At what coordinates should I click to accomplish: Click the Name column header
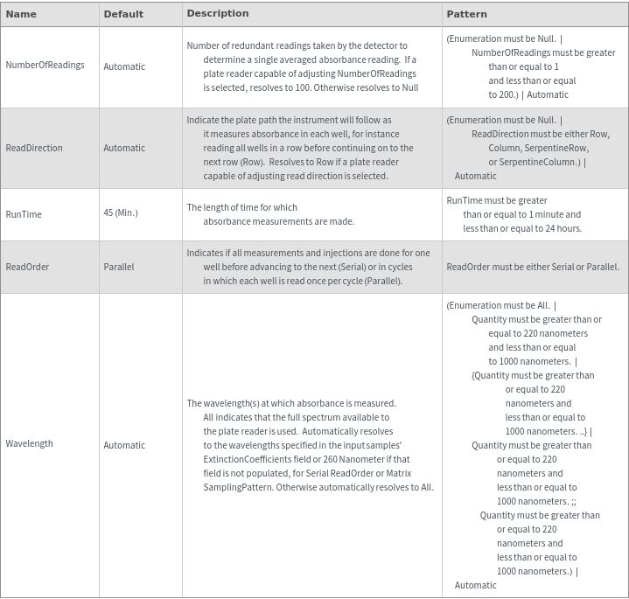pos(21,14)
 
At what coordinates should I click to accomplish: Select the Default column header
pos(123,14)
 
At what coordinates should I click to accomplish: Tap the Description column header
pos(217,14)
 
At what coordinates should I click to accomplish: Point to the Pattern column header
pos(466,14)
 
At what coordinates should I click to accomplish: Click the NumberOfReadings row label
pos(45,66)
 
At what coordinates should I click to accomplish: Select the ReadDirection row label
pos(34,148)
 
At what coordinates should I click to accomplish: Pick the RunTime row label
pos(24,214)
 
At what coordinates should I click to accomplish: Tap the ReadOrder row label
pos(28,267)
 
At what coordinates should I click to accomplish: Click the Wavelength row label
pos(29,444)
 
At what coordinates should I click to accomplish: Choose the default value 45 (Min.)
pos(121,213)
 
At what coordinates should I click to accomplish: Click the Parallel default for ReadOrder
pos(119,267)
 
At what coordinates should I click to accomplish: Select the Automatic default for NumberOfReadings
pos(124,66)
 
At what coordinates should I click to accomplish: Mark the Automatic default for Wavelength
pos(124,445)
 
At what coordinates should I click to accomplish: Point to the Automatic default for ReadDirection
pos(124,148)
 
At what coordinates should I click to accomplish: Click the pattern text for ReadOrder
pos(532,267)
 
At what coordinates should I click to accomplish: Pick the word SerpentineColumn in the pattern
pos(542,162)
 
